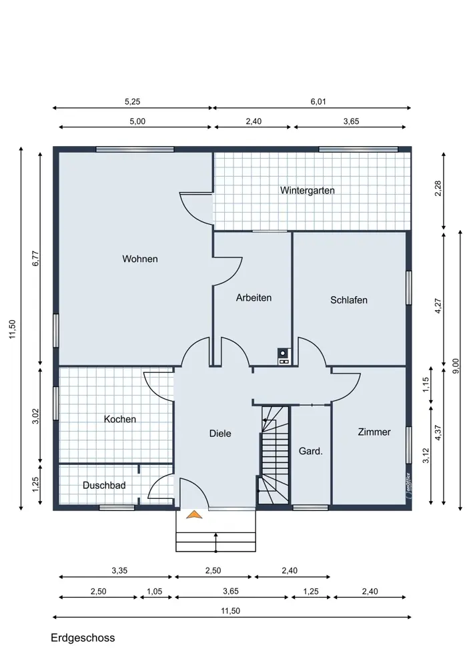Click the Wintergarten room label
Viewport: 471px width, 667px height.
pos(307,191)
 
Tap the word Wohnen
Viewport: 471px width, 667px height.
pos(140,259)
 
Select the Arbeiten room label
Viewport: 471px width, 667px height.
pos(254,297)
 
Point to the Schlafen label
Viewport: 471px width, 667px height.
pos(349,300)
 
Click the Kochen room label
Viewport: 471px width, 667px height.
pos(120,419)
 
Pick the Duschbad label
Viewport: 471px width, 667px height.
pos(104,486)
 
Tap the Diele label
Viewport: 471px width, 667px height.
pos(220,434)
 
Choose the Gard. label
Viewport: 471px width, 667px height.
pos(311,451)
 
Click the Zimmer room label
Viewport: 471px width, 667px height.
pos(374,432)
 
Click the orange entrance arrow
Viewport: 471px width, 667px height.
pos(194,515)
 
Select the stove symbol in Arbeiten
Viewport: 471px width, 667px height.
pos(283,356)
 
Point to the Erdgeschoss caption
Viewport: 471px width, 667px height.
pos(83,638)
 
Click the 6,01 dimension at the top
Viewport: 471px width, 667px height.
pos(318,101)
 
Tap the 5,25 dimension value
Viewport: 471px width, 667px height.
pos(132,101)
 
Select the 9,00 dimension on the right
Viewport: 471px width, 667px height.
pos(456,366)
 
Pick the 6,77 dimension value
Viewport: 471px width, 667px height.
pos(36,258)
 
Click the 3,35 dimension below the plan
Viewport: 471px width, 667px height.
pos(119,570)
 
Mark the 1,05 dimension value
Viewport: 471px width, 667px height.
pos(155,591)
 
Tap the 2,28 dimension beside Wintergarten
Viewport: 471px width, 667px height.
pos(438,189)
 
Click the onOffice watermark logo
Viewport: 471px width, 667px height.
pos(408,486)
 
